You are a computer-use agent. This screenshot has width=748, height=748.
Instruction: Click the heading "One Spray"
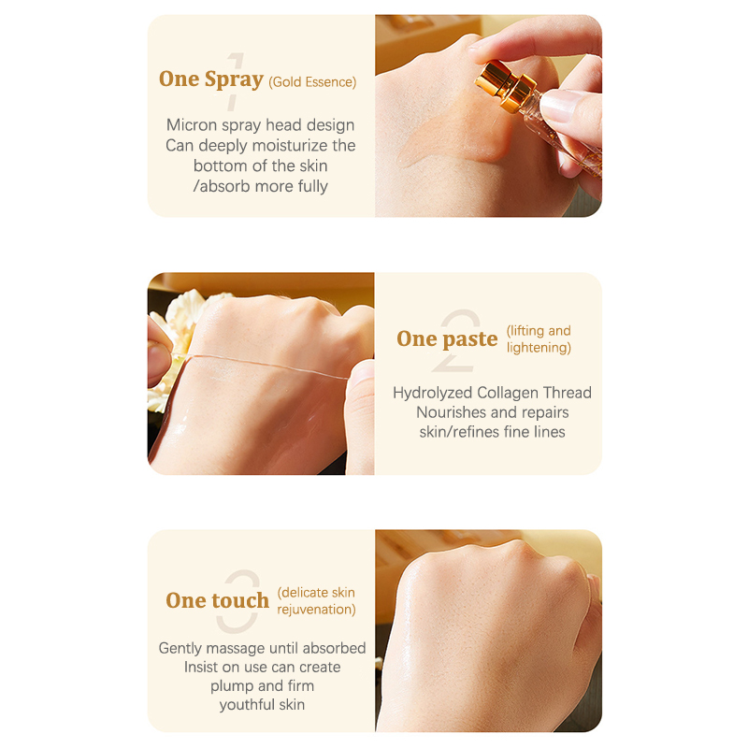[x=211, y=79]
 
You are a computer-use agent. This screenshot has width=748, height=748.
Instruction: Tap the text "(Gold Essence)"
[x=312, y=82]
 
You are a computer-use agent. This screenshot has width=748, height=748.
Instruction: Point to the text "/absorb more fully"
[x=261, y=186]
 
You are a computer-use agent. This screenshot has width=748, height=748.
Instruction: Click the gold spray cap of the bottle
[x=505, y=88]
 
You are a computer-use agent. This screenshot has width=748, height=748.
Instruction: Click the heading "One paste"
[x=447, y=338]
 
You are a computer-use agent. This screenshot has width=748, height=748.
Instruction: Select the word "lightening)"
[x=539, y=348]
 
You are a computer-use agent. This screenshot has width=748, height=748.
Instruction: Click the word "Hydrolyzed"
[x=433, y=393]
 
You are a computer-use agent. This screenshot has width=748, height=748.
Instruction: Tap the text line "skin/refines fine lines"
[x=493, y=432]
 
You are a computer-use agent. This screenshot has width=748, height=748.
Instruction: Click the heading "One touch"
[x=218, y=600]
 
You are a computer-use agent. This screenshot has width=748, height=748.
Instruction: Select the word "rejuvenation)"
[x=316, y=610]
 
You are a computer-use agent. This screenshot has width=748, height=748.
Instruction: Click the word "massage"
[x=231, y=648]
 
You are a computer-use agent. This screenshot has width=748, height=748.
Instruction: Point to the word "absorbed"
[x=334, y=648]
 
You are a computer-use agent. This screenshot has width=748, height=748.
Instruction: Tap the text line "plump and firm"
[x=263, y=686]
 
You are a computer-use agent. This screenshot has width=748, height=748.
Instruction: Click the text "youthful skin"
[x=262, y=705]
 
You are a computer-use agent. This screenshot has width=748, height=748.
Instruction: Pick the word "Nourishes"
[x=449, y=412]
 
